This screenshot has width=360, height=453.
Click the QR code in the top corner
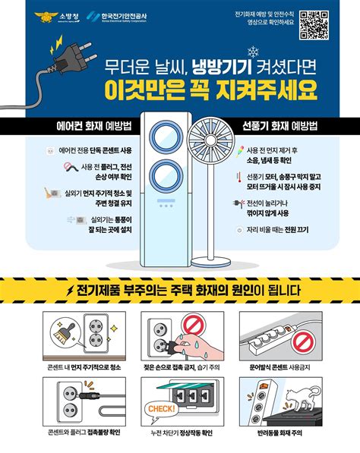click(314, 24)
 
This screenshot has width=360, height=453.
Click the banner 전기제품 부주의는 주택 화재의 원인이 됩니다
click(180, 291)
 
